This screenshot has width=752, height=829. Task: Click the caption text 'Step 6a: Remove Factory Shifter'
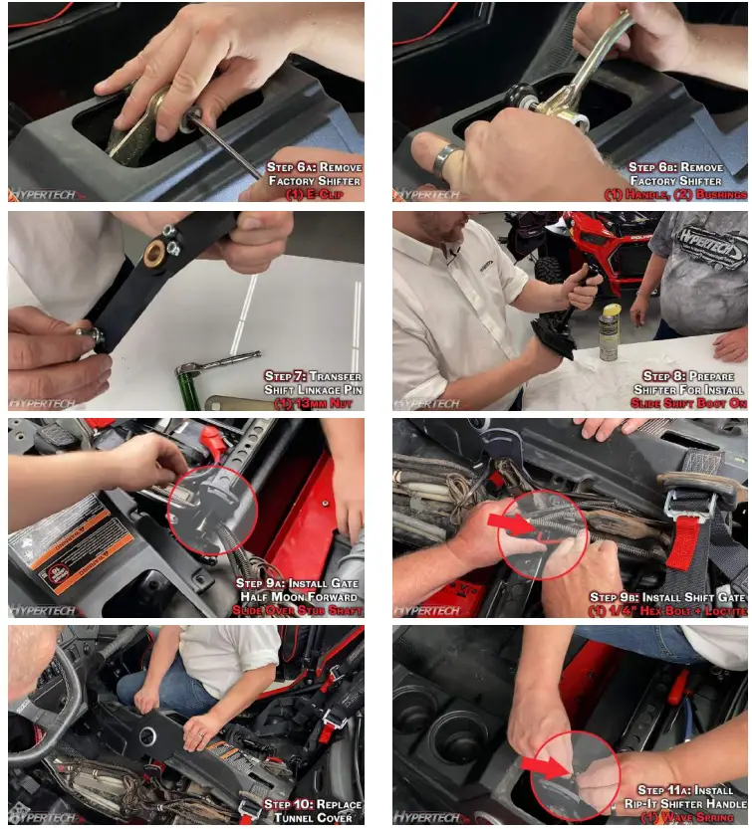[314, 174]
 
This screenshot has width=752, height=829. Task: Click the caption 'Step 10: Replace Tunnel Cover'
[313, 810]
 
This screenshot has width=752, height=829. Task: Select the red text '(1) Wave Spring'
[687, 818]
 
